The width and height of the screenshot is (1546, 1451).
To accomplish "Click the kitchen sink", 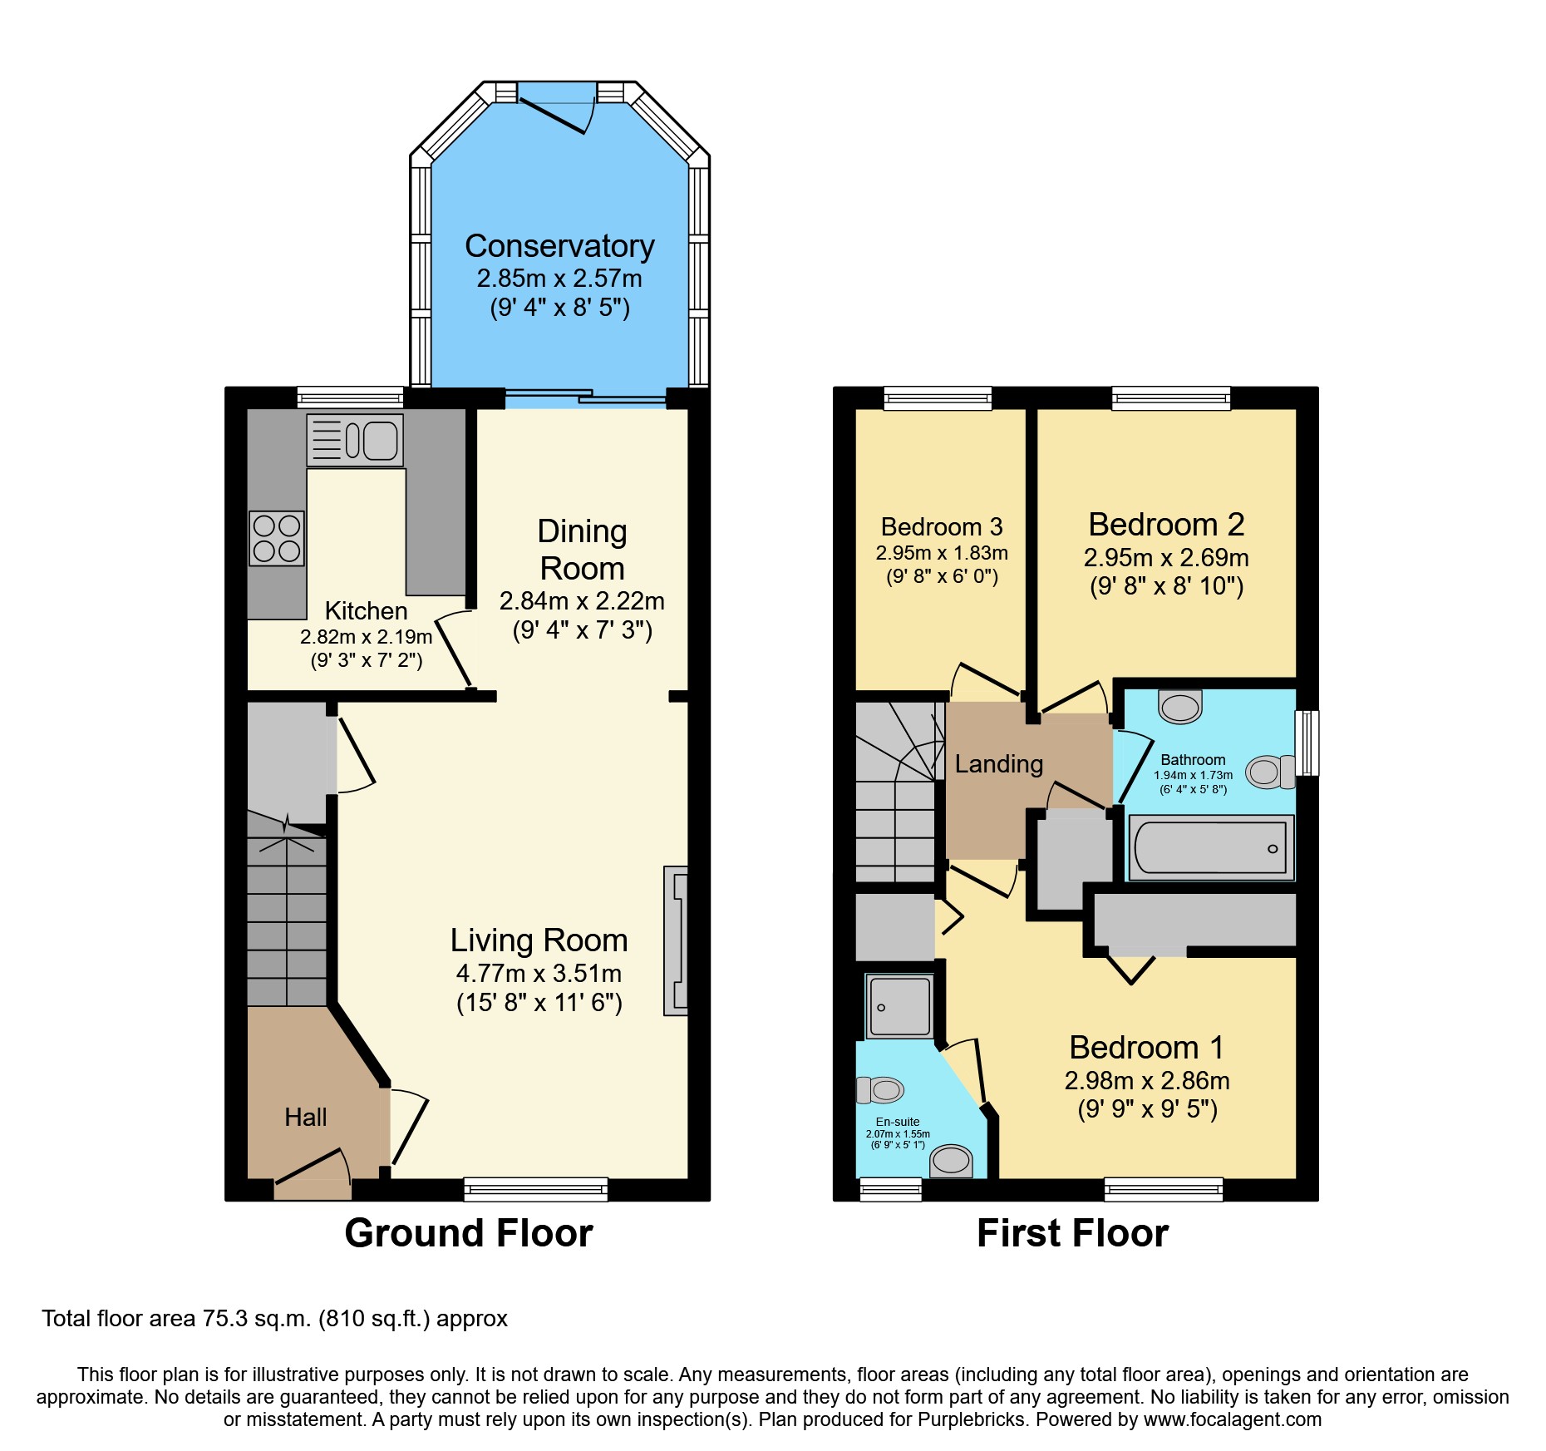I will (356, 440).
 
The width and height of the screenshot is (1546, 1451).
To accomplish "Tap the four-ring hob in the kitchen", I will (277, 538).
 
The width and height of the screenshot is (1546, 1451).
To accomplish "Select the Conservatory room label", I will (559, 246).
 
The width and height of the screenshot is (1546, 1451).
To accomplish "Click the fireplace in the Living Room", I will (676, 940).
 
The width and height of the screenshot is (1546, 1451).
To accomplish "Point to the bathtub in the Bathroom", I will (1210, 847).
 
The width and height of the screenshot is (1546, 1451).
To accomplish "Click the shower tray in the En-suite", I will (899, 1007).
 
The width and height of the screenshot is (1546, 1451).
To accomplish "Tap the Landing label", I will (998, 763).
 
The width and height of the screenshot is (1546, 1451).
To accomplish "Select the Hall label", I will (305, 1117).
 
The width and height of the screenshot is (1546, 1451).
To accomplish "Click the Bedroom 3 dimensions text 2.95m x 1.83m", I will (941, 553).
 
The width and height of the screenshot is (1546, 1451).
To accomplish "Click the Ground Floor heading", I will (469, 1232).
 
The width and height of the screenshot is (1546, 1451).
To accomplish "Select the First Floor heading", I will (1072, 1232).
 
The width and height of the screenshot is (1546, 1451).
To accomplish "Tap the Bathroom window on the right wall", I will (1307, 742).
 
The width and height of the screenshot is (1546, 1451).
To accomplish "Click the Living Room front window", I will (535, 1189).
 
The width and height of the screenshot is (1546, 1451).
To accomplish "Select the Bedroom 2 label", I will (1166, 525).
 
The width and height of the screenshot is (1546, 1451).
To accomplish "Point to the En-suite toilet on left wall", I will (880, 1089).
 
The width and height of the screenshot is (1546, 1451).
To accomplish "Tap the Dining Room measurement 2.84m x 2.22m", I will (582, 600).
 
